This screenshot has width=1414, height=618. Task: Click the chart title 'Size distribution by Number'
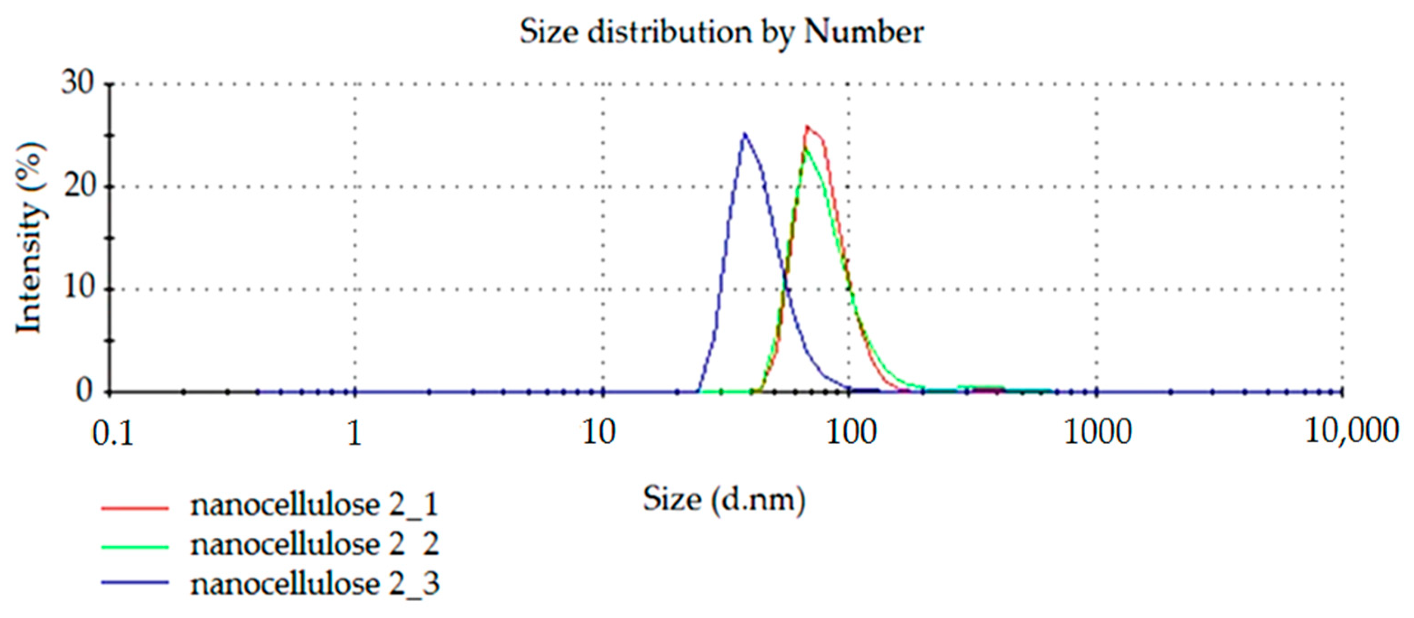[x=721, y=32]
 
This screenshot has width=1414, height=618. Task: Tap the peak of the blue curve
[x=744, y=133]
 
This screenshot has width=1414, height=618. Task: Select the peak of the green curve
[x=805, y=147]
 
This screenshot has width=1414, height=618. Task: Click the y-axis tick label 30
[x=77, y=84]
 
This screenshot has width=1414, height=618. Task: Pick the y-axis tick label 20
[x=77, y=187]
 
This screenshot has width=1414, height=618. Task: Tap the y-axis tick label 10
[x=77, y=289]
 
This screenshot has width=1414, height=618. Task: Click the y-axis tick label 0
[x=84, y=391]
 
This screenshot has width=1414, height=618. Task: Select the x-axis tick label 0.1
[x=113, y=434]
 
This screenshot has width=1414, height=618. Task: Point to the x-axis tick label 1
[x=355, y=434]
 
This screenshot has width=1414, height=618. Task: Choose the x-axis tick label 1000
[x=1098, y=434]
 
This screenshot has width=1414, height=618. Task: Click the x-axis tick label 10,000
[x=1351, y=431]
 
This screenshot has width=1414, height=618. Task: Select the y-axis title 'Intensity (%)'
[x=28, y=238]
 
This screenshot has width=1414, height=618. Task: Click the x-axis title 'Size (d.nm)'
[x=724, y=500]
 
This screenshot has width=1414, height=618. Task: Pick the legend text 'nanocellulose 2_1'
[x=314, y=506]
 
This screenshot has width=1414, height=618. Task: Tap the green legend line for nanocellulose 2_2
[x=135, y=547]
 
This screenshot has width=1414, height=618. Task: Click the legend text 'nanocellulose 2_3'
[x=314, y=584]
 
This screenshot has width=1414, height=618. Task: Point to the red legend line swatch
[x=135, y=508]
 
